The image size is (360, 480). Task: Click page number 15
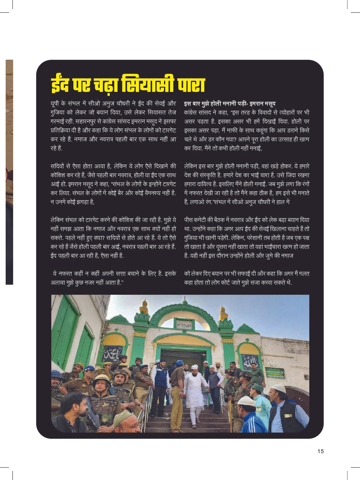click(320, 451)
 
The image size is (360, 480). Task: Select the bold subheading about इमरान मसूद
click(230, 104)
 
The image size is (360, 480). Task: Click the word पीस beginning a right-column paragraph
click(189, 220)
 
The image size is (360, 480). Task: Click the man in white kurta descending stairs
click(194, 391)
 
